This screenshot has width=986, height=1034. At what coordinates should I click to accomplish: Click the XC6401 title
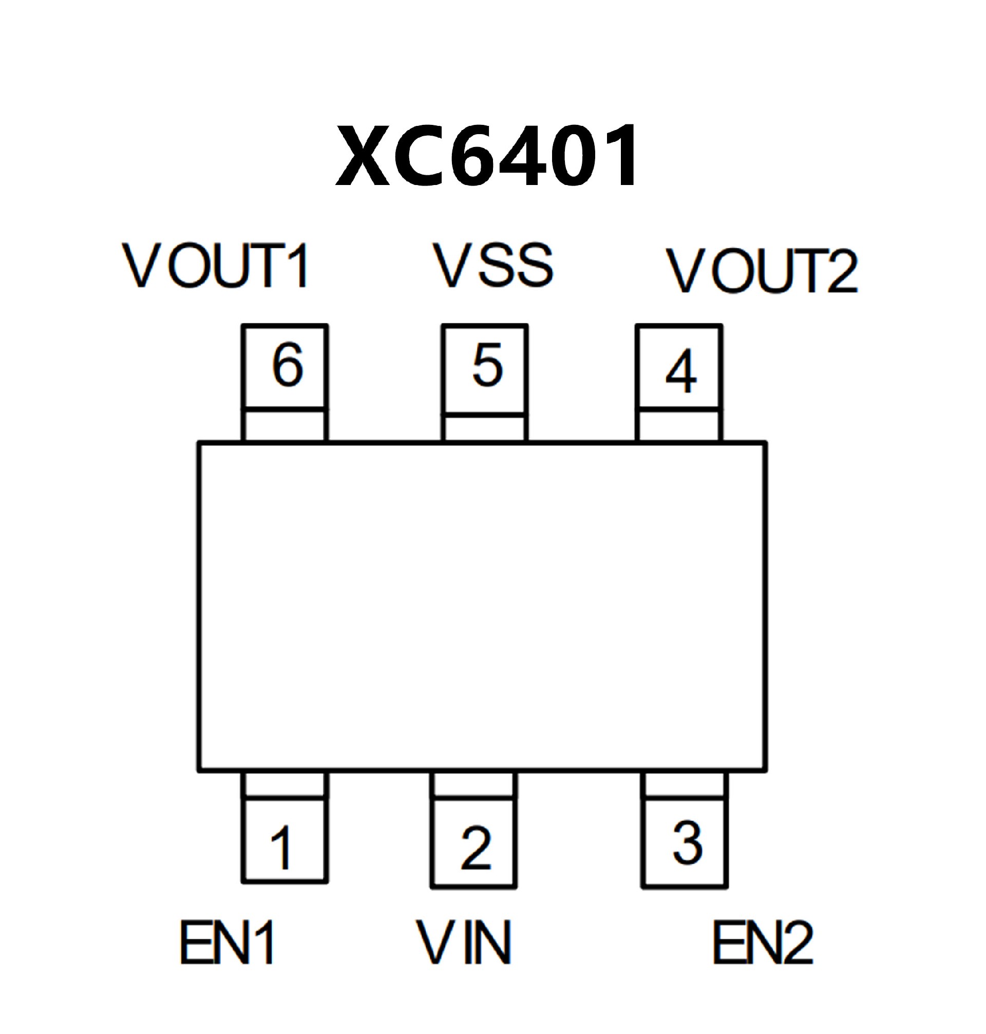pyautogui.click(x=488, y=156)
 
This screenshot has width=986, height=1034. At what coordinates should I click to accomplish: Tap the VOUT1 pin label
pyautogui.click(x=216, y=266)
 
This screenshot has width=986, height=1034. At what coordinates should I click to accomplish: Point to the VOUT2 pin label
pyautogui.click(x=762, y=271)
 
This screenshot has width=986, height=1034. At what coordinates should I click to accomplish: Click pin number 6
pyautogui.click(x=287, y=364)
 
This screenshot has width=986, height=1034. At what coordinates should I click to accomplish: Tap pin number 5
pyautogui.click(x=487, y=364)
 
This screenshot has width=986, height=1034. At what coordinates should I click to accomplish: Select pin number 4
pyautogui.click(x=680, y=372)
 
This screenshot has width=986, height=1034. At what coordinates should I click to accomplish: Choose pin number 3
pyautogui.click(x=687, y=843)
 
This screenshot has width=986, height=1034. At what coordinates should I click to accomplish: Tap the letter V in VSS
pyautogui.click(x=453, y=266)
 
